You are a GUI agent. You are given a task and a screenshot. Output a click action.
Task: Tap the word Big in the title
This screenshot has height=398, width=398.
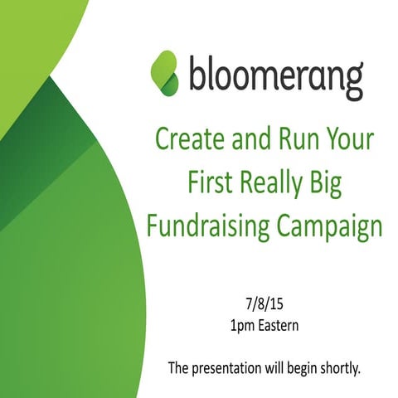(328, 183)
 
